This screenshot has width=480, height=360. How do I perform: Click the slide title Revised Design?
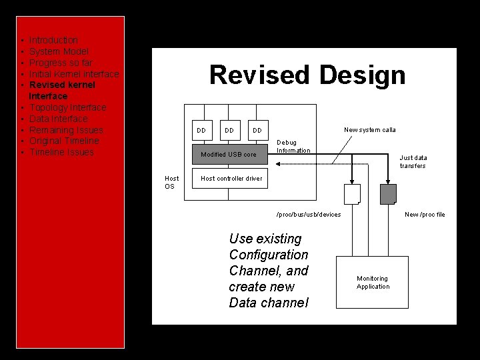[x=307, y=75]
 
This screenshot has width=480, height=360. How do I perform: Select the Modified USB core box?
[x=229, y=155]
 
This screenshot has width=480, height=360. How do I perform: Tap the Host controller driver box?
[x=231, y=179]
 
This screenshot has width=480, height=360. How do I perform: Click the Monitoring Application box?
[x=373, y=283]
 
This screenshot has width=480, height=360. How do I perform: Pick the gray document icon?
[x=387, y=194]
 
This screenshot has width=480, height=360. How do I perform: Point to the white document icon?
[x=351, y=194]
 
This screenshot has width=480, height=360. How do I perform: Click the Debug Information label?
[x=293, y=147]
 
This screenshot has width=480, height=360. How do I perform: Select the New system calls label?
[x=369, y=130]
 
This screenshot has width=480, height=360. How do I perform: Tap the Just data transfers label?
[x=413, y=162]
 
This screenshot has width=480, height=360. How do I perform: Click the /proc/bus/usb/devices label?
[x=309, y=215]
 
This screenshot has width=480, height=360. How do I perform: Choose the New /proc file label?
[x=425, y=215]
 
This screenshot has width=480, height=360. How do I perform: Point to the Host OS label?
[x=172, y=183]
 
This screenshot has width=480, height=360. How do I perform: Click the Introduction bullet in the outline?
[x=53, y=41]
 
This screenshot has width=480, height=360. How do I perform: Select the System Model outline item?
[x=59, y=52]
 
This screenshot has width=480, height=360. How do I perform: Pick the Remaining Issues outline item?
[x=66, y=130]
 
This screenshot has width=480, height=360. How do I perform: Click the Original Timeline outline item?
[x=64, y=141]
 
